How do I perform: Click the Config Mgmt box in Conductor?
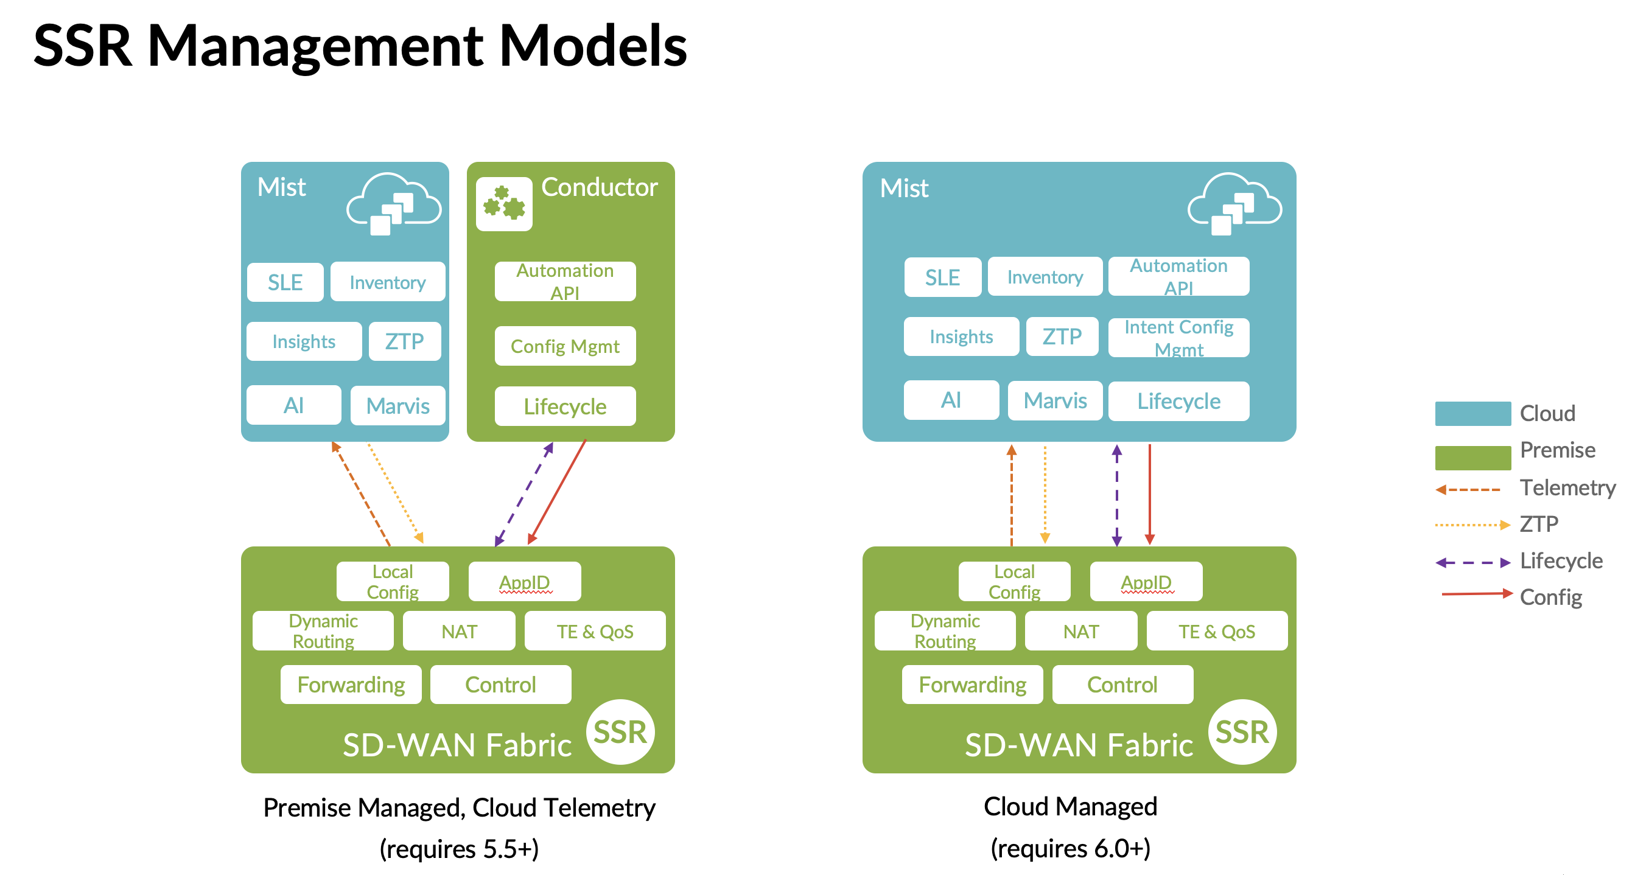pos(565,346)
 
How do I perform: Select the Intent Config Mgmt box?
pos(1178,338)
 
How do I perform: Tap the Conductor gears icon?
pos(504,204)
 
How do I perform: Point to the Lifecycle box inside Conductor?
pos(565,406)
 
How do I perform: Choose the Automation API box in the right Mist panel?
pos(1178,277)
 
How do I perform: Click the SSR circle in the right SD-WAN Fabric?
pos(1242,731)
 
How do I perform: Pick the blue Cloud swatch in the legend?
pos(1472,413)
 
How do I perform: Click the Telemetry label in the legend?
pos(1567,487)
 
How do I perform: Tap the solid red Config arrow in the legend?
pos(1476,594)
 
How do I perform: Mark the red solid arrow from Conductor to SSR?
pos(557,492)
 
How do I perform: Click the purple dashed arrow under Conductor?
pos(523,493)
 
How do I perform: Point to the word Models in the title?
pos(593,46)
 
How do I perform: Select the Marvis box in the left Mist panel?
pos(398,405)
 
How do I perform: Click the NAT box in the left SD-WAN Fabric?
pos(459,632)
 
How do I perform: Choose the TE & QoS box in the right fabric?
pos(1216,632)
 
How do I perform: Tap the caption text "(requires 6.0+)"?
pos(1070,848)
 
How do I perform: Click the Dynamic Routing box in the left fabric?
pos(323,631)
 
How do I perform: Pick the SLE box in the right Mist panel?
pos(942,277)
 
